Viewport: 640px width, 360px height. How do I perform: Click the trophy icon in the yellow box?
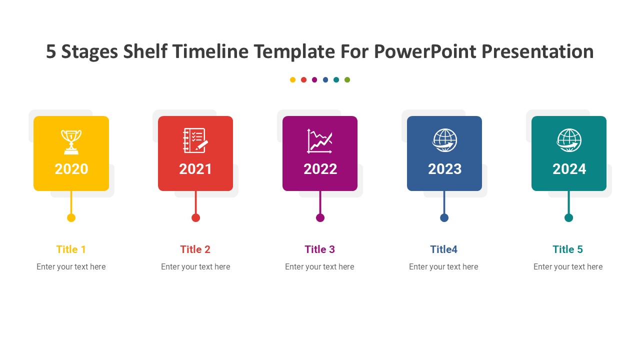point(71,142)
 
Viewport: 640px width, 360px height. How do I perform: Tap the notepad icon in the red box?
point(195,140)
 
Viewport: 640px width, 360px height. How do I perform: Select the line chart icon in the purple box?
point(319,141)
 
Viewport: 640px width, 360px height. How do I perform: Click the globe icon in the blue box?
point(444,140)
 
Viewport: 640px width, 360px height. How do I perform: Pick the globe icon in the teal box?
point(569,140)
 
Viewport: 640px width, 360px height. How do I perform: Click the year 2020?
point(71,169)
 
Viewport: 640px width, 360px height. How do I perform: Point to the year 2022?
point(320,169)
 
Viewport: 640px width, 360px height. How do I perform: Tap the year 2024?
point(569,169)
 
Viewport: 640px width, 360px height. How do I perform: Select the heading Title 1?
point(71,249)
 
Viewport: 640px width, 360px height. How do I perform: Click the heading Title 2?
point(195,249)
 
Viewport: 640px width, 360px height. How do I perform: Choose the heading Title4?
point(443,249)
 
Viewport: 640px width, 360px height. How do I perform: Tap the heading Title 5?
point(567,249)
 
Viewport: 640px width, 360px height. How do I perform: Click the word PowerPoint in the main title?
point(425,51)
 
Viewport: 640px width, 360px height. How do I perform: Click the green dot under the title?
point(347,79)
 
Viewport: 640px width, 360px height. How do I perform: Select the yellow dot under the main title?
point(292,79)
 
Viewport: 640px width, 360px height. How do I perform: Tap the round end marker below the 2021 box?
point(195,217)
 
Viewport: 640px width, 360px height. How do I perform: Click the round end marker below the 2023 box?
point(444,217)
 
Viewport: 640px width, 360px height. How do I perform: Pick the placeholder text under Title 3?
point(319,267)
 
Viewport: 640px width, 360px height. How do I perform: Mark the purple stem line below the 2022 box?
point(320,202)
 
